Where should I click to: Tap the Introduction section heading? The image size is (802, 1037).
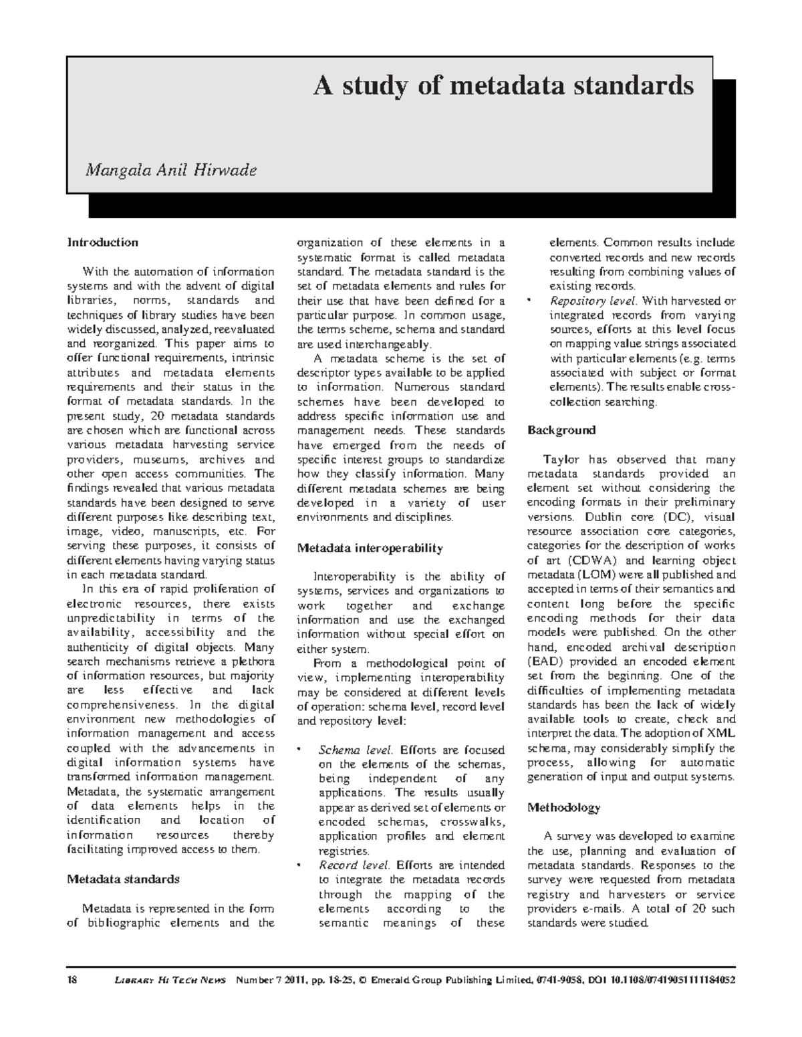click(x=102, y=243)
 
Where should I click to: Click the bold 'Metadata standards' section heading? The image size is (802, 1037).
click(x=123, y=879)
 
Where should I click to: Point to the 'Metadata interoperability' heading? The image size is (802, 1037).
click(x=370, y=548)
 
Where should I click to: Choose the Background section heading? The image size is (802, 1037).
click(x=561, y=430)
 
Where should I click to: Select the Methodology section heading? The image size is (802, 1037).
click(x=564, y=807)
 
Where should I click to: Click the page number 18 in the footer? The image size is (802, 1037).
click(x=72, y=980)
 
